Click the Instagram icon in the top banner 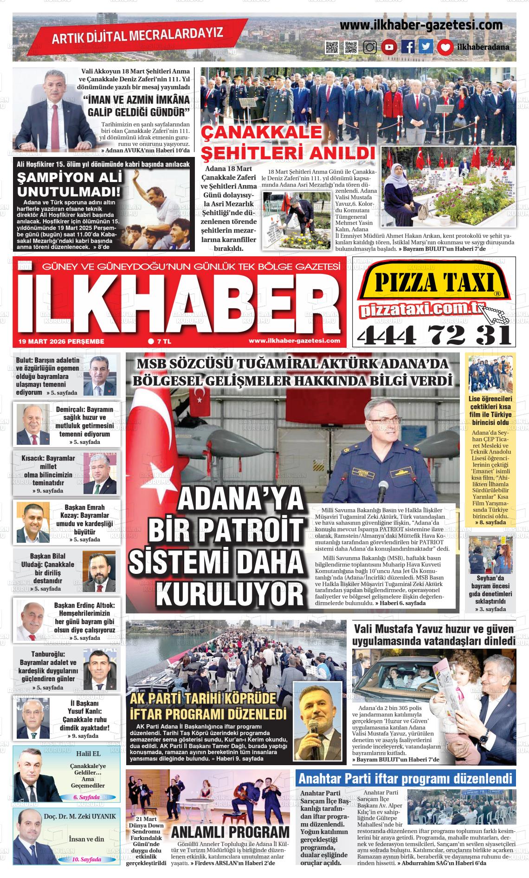coord(370,47)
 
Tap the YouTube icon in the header coord(389,47)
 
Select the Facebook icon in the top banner coord(407,47)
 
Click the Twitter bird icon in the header coord(426,47)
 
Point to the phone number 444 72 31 coord(434,334)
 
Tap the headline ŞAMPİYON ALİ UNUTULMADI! coord(69,184)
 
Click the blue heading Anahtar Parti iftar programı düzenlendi coord(406,779)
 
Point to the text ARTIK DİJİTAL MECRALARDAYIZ coord(137,35)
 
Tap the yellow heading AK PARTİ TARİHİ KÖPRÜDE coord(203,699)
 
